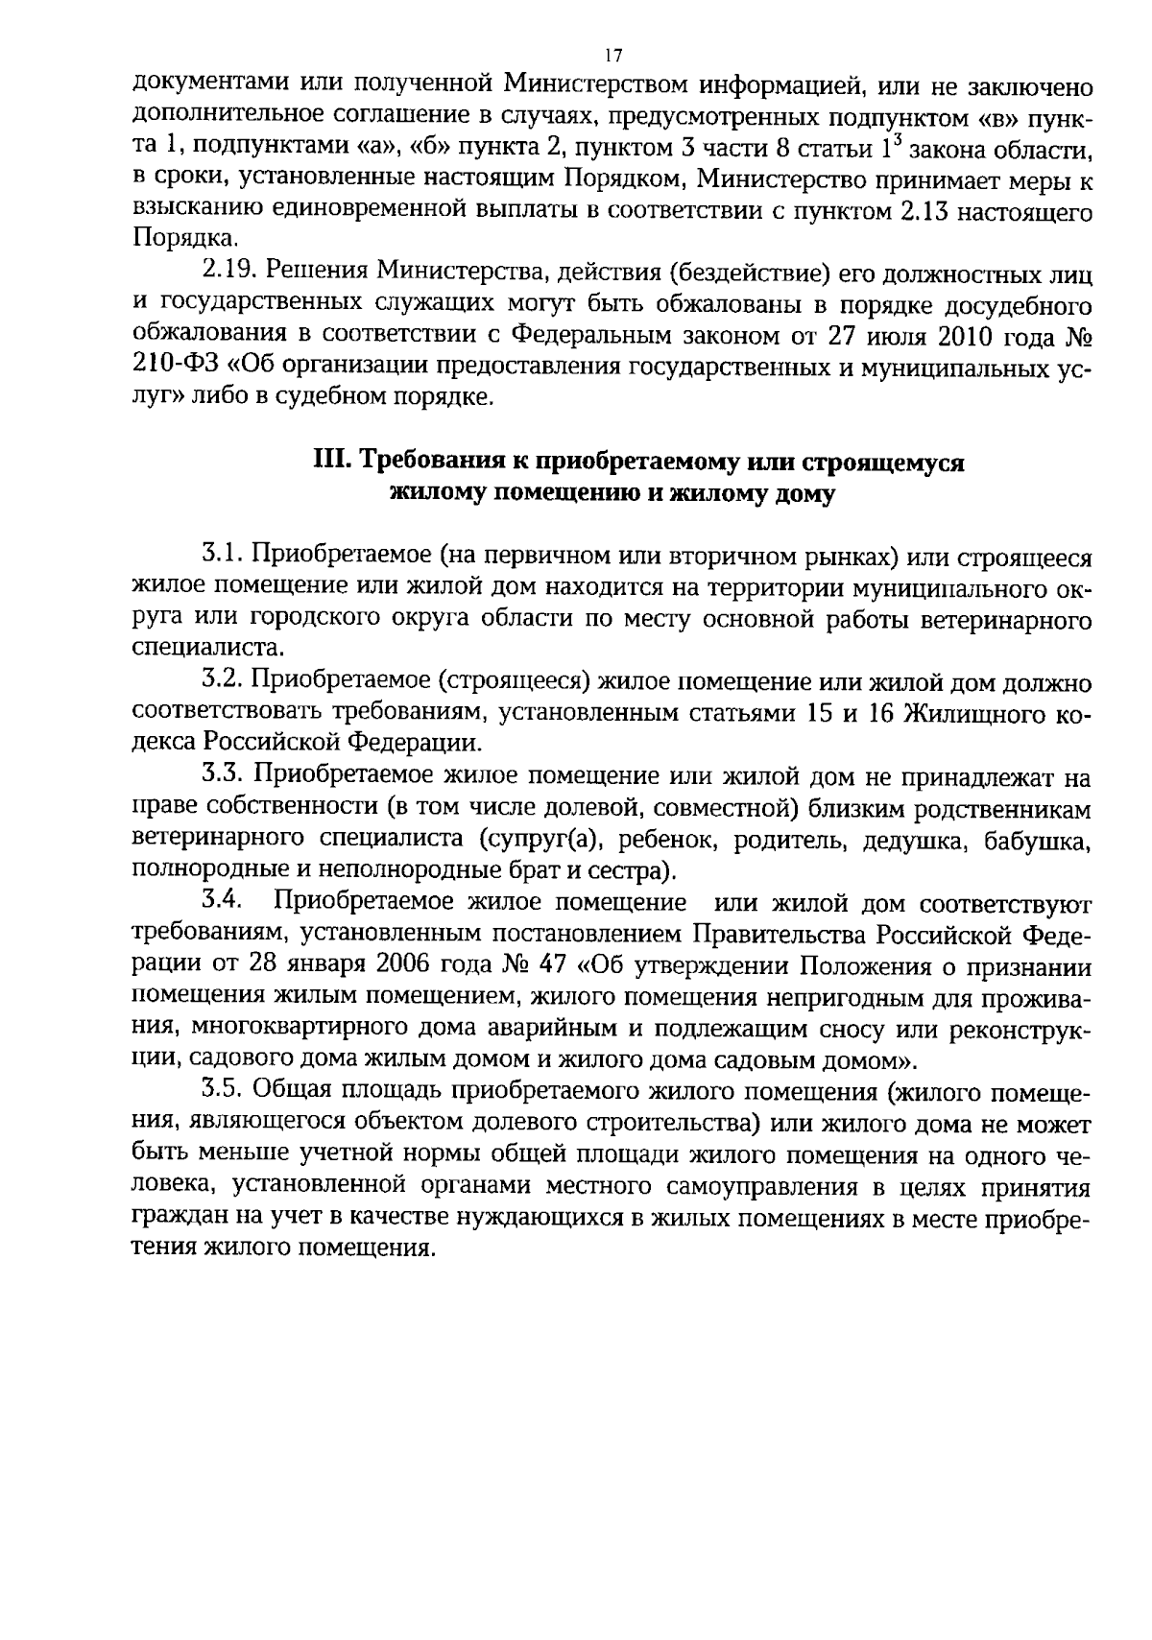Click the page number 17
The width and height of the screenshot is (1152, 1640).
(x=614, y=56)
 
